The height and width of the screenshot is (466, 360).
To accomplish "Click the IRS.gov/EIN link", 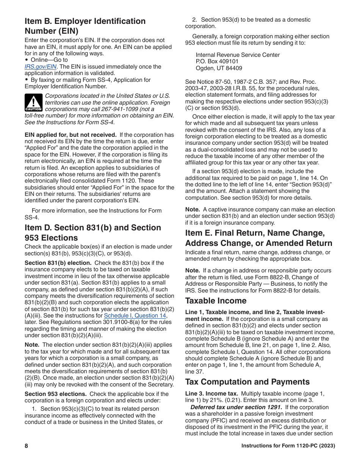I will point(40,67).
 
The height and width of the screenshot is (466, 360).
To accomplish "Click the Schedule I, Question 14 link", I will point(135,316).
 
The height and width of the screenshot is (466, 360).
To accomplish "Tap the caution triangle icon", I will point(33,103).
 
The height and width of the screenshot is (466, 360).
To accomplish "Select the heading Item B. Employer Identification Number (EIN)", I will point(85,26).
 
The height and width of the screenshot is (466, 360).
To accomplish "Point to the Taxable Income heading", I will point(216,301).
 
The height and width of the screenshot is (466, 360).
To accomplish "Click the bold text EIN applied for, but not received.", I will point(70,135).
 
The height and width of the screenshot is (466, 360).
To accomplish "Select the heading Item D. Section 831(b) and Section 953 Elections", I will point(93,233).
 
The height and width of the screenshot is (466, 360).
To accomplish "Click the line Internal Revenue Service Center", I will point(238,55).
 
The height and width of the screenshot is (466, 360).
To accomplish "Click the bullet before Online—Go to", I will point(27,60).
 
